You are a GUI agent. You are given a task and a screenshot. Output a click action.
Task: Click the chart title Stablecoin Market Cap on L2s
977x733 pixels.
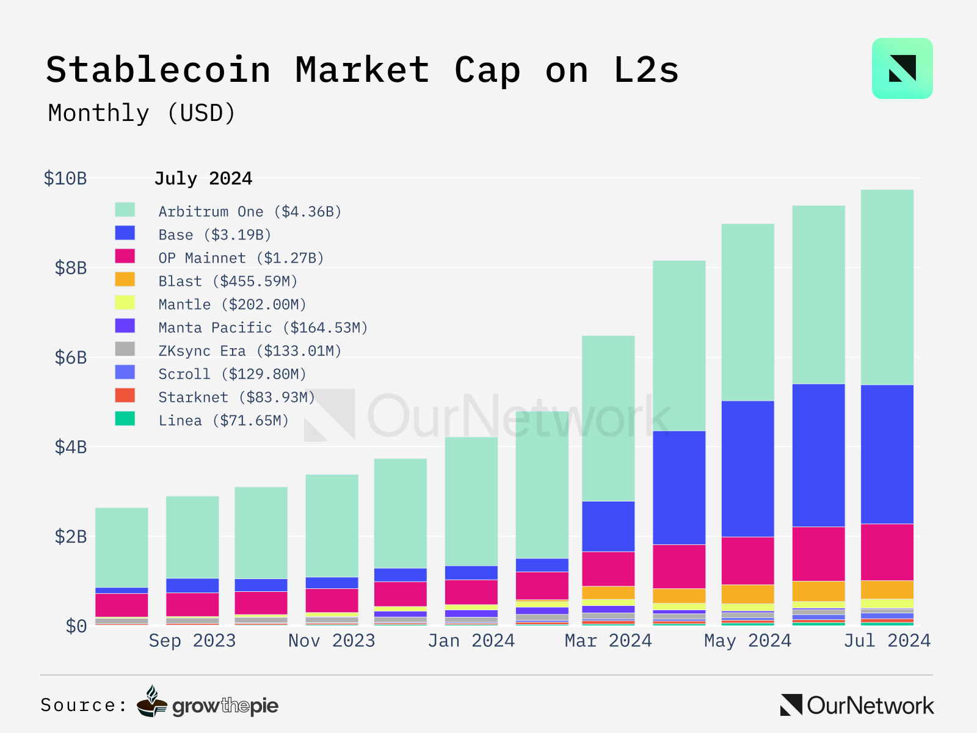click(362, 70)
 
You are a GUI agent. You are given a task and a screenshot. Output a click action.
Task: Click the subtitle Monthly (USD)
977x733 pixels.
click(142, 114)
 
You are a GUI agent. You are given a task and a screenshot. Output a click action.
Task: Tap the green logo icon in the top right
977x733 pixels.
click(902, 68)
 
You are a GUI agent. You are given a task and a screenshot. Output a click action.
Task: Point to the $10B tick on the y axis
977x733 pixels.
click(65, 178)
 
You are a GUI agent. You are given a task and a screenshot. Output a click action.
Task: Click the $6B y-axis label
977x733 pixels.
click(71, 357)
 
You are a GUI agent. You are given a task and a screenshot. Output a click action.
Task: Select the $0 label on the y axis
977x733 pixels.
click(76, 626)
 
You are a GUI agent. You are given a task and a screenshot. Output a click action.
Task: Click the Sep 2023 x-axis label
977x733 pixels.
click(192, 641)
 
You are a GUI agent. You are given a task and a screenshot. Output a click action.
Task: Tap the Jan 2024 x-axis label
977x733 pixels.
click(471, 641)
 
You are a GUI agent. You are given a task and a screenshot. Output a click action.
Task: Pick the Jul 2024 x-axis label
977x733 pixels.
click(887, 641)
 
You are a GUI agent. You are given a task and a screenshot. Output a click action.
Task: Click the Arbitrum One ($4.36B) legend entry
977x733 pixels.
click(250, 211)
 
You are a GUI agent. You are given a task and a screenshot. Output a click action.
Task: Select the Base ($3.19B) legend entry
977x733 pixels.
click(214, 235)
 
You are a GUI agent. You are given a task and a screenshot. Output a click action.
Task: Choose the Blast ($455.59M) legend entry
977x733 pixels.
click(228, 281)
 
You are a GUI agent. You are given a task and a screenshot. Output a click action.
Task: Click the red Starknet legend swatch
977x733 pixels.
click(125, 396)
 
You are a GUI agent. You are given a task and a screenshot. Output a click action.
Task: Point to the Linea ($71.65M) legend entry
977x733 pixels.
click(223, 420)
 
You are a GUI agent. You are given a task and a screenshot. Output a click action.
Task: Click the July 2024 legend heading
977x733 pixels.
click(203, 178)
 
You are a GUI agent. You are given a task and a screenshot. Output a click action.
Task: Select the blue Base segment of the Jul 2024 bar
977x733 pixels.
click(887, 454)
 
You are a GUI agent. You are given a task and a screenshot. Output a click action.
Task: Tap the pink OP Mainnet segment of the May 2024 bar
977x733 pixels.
click(747, 561)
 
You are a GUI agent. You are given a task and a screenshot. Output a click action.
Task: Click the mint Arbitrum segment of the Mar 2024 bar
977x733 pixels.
click(608, 418)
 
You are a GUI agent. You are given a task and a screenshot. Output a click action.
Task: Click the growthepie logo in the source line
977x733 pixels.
click(208, 704)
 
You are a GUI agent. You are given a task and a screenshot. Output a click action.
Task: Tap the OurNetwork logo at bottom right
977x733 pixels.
click(857, 706)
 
